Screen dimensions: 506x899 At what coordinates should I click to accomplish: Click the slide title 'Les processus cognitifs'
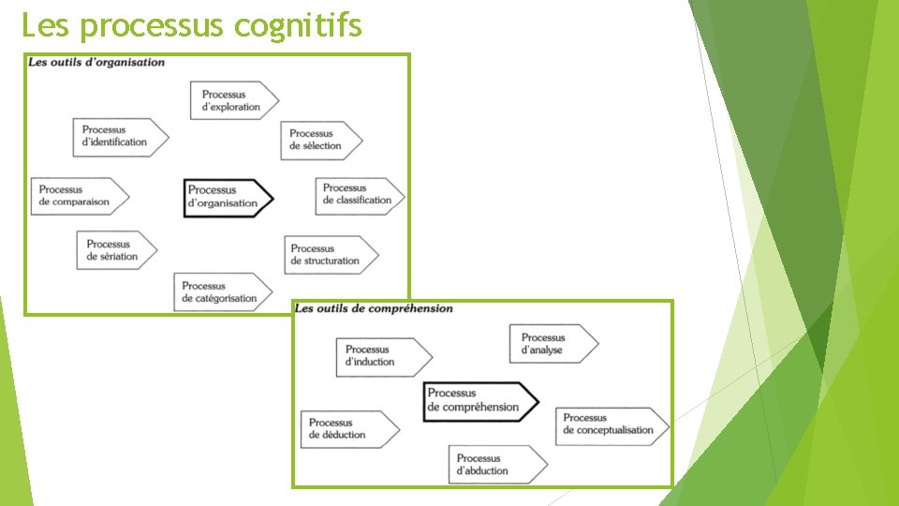(x=191, y=25)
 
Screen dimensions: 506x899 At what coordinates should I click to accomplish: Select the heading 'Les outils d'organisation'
(x=96, y=63)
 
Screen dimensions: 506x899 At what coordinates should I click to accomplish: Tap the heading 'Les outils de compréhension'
(x=373, y=308)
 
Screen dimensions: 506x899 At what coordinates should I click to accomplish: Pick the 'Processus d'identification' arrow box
(x=120, y=137)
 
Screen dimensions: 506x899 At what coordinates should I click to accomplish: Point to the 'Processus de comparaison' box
(x=79, y=196)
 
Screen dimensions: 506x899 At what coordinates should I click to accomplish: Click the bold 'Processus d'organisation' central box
(x=228, y=197)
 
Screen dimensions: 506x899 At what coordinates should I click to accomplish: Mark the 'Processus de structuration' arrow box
(x=331, y=255)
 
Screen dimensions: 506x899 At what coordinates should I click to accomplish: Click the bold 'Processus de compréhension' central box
(x=479, y=401)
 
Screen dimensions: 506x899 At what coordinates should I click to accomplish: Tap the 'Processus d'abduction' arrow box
(x=496, y=465)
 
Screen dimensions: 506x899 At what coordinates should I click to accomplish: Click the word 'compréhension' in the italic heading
(x=410, y=308)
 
